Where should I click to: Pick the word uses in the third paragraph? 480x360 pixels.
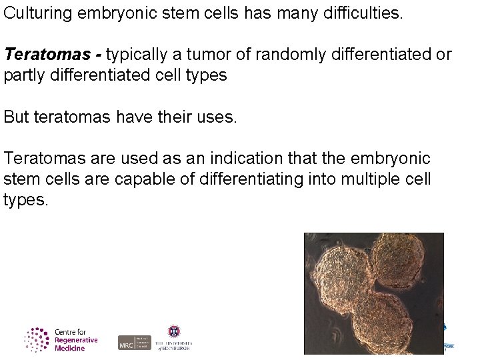click(217, 117)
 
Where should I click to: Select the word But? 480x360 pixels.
click(16, 117)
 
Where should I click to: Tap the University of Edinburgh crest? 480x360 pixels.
click(174, 331)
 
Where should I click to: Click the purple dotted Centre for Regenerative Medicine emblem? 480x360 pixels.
click(37, 340)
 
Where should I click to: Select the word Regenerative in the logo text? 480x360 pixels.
click(76, 340)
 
